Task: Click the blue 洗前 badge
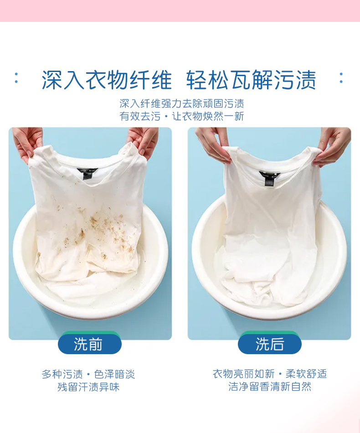[x=89, y=344]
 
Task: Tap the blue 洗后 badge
[x=269, y=344]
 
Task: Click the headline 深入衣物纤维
[x=107, y=80]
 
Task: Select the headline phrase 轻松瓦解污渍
[x=251, y=80]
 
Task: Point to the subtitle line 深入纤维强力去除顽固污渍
[x=181, y=103]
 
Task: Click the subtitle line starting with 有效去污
[x=181, y=116]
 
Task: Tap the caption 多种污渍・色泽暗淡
[x=88, y=374]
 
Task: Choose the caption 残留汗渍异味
[x=88, y=387]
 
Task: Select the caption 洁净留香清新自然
[x=269, y=387]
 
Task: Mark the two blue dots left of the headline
[x=16, y=77]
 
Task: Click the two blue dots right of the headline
[x=341, y=77]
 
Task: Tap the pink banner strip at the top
[x=180, y=10]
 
